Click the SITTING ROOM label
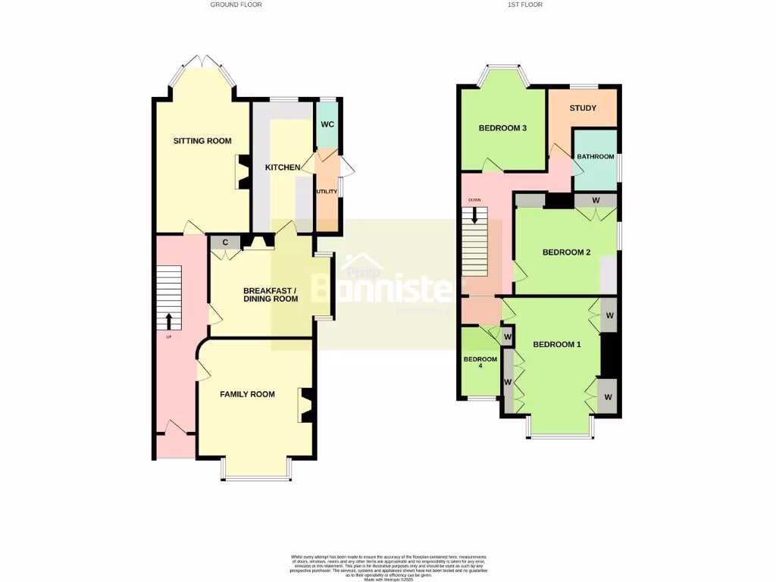pyautogui.click(x=202, y=141)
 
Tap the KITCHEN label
pyautogui.click(x=282, y=167)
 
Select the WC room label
pyautogui.click(x=327, y=124)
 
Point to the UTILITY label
pyautogui.click(x=327, y=192)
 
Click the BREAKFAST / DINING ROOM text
pyautogui.click(x=271, y=295)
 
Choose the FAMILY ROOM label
pyautogui.click(x=247, y=394)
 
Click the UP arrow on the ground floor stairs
pyautogui.click(x=168, y=321)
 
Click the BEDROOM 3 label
pyautogui.click(x=502, y=128)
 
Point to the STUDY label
pyautogui.click(x=583, y=108)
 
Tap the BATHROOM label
pyautogui.click(x=596, y=157)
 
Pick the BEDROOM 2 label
pyautogui.click(x=567, y=252)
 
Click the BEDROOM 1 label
pyautogui.click(x=557, y=345)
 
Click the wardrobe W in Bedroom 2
pyautogui.click(x=596, y=200)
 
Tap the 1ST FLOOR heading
pyautogui.click(x=525, y=5)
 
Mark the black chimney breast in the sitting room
pyautogui.click(x=244, y=172)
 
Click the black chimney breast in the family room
pyautogui.click(x=307, y=405)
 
